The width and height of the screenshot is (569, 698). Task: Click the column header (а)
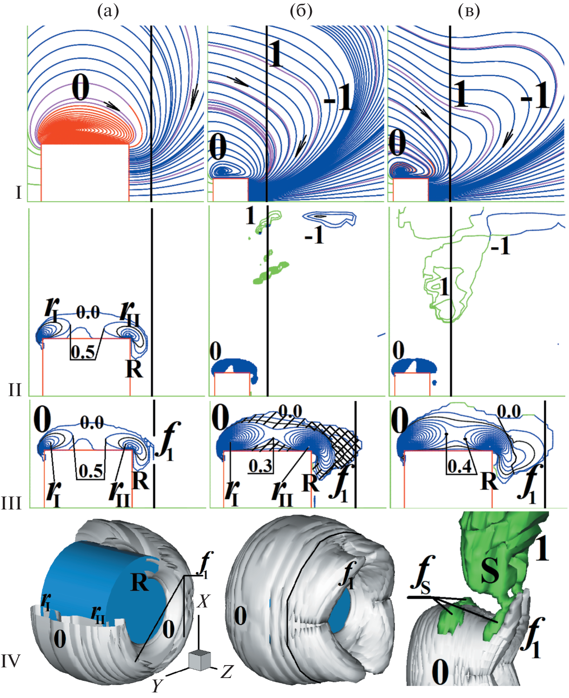[108, 12]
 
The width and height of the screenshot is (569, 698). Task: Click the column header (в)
[469, 12]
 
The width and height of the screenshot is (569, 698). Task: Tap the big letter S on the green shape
[490, 571]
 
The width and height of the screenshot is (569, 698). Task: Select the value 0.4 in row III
[459, 466]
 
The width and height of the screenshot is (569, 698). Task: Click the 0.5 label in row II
[83, 352]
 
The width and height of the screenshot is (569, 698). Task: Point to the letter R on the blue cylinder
[139, 582]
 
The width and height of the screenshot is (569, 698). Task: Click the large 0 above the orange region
[81, 87]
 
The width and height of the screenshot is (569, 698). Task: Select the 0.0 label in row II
[88, 312]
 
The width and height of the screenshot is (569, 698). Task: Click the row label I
[19, 193]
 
